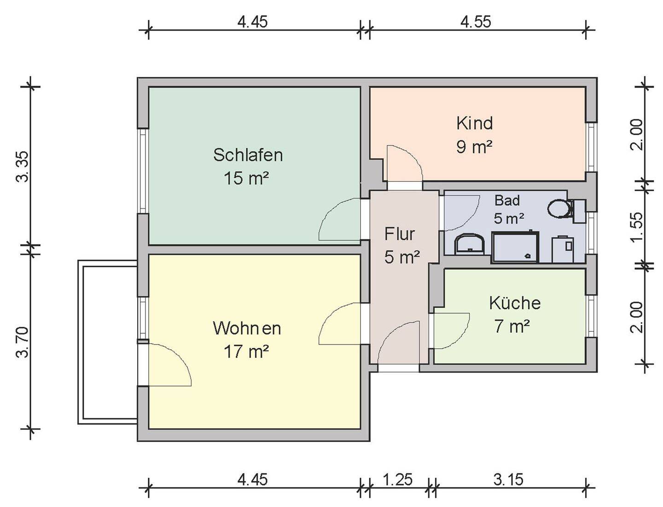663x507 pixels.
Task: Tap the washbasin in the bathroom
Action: click(x=469, y=244)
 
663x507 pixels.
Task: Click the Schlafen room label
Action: click(x=248, y=155)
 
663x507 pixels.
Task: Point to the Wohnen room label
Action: click(x=247, y=328)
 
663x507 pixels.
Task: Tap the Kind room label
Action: click(x=474, y=123)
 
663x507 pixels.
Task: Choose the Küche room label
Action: click(x=514, y=303)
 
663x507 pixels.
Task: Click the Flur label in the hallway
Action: click(x=400, y=234)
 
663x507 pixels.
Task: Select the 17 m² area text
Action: click(x=246, y=352)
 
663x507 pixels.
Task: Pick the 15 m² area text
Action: click(x=246, y=178)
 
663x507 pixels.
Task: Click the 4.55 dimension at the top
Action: click(x=476, y=22)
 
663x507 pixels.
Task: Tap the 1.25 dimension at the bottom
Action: click(x=398, y=480)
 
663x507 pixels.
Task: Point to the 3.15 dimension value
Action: click(x=508, y=480)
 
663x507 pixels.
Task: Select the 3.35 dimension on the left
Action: click(x=23, y=167)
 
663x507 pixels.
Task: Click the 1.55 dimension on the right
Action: click(x=637, y=226)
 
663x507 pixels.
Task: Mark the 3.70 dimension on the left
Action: click(x=23, y=341)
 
